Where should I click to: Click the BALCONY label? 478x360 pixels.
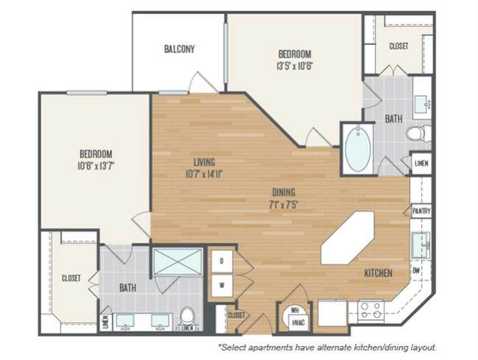tap(179, 49)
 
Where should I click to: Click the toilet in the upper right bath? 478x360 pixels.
tap(418, 134)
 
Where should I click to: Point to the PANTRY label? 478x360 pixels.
tap(421, 211)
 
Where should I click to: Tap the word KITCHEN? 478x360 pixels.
tap(378, 273)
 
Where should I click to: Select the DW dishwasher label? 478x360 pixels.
tap(417, 270)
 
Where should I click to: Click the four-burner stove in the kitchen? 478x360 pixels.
tap(368, 309)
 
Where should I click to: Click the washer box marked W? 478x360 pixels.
tap(221, 283)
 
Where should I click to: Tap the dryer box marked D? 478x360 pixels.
tap(221, 260)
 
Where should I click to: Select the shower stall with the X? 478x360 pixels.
tap(177, 261)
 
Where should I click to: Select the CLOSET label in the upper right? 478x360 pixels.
tap(398, 46)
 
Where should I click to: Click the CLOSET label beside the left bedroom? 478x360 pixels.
tap(71, 278)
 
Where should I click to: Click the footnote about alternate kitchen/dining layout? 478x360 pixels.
tap(327, 346)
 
